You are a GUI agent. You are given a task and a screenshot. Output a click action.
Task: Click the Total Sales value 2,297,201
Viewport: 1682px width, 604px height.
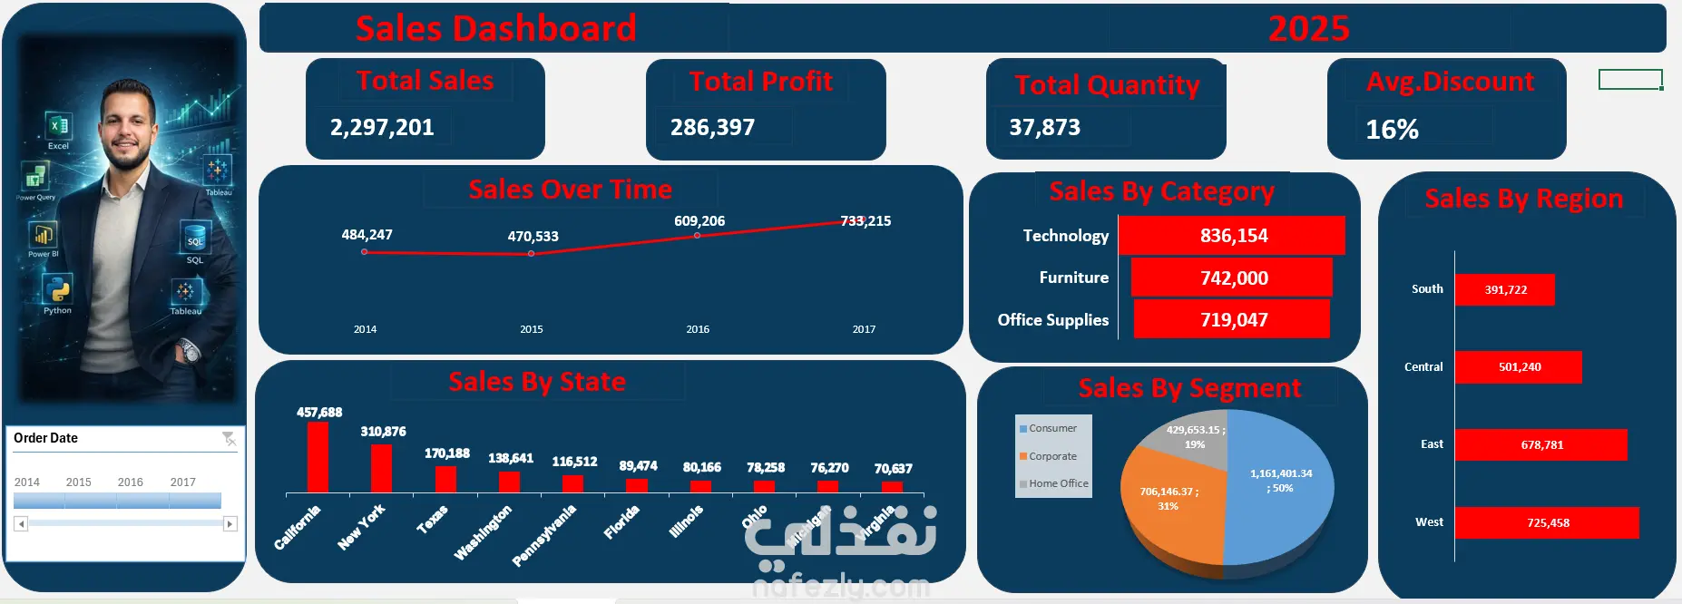382,127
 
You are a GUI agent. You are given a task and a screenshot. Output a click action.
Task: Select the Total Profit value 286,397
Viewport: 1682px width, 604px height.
712,127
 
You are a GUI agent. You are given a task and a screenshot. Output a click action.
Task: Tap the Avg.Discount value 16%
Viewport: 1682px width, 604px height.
1392,130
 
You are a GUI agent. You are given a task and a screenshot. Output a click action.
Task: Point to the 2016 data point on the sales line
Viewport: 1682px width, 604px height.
697,236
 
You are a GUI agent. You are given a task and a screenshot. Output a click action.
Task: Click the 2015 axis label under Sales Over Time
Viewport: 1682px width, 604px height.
532,329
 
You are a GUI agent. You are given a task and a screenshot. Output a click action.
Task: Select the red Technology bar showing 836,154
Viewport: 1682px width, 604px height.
1231,236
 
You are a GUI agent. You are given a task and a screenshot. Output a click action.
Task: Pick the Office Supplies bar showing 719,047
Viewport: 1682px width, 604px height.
1231,319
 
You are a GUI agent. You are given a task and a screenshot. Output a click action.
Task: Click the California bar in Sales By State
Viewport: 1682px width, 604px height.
318,457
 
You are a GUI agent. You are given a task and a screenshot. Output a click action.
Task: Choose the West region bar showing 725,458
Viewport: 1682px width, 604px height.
1546,522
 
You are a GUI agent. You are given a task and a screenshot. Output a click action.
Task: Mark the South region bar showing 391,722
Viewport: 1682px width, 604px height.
1504,290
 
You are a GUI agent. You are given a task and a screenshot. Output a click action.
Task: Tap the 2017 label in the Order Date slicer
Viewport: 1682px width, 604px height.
182,482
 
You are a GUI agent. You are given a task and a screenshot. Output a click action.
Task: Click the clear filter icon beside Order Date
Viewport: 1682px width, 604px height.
229,439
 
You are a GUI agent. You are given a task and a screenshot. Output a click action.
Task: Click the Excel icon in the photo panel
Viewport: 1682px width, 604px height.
58,127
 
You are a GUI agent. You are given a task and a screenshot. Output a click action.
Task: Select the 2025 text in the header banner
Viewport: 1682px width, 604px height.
1308,29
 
